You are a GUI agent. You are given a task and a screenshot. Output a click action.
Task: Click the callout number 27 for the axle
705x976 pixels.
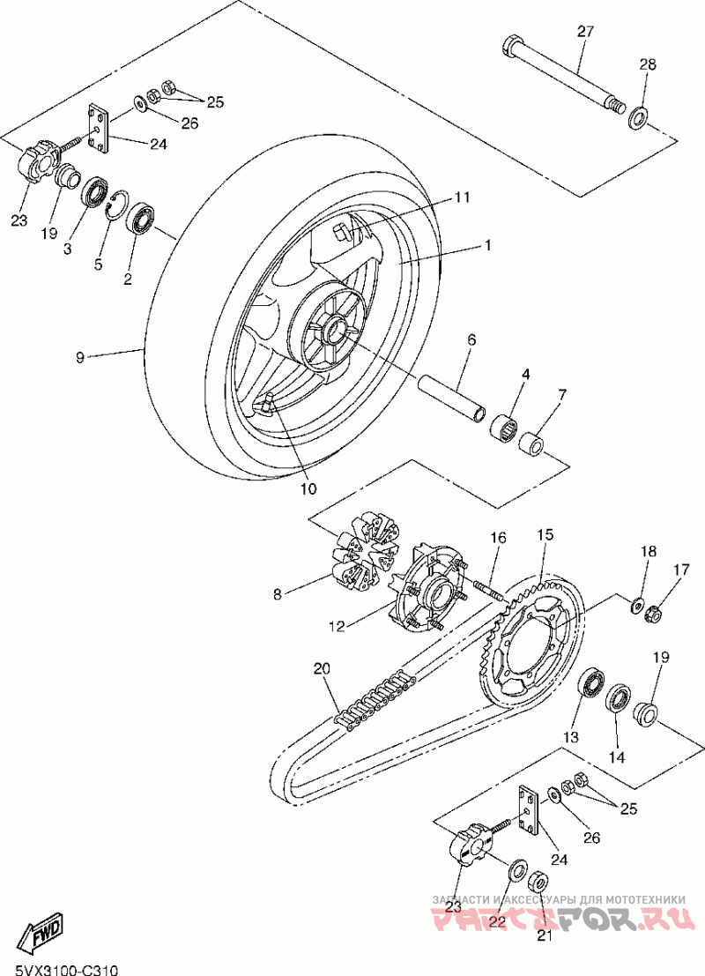[586, 32]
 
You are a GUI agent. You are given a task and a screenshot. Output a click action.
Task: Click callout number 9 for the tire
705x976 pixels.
[80, 357]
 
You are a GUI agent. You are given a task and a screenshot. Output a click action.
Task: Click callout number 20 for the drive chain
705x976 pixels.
[322, 670]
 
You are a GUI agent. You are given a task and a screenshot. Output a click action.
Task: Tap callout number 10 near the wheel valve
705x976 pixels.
[308, 486]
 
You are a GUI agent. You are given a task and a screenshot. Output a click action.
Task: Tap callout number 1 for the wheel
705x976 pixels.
[486, 247]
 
